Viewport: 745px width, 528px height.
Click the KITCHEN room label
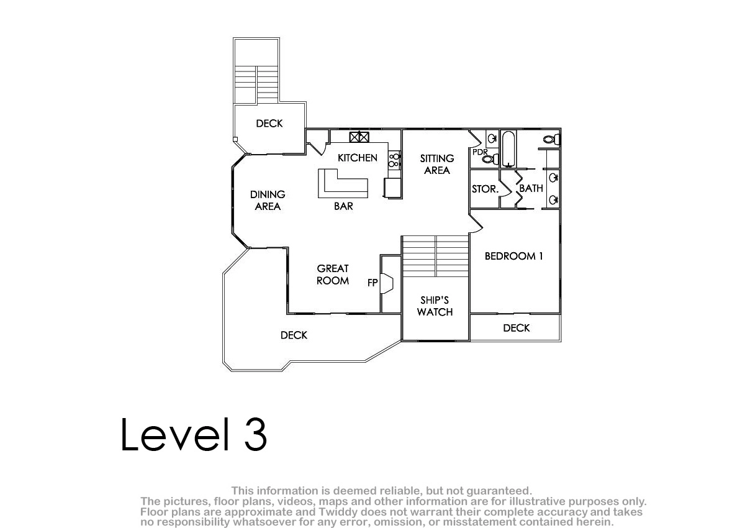point(357,158)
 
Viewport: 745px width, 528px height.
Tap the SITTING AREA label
point(436,165)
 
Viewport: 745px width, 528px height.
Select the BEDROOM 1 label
point(513,256)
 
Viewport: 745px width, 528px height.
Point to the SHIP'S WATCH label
point(435,306)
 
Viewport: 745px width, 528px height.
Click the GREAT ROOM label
point(333,275)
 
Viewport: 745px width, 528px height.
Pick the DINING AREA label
point(268,200)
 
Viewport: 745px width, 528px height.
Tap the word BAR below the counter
point(343,206)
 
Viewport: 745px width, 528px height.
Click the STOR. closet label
point(485,189)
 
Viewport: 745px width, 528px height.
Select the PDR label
point(480,152)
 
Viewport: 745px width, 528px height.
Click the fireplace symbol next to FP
point(387,283)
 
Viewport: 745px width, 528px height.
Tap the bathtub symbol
point(508,149)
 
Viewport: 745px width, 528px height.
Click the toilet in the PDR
point(490,159)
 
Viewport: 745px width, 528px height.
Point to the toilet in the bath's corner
point(552,139)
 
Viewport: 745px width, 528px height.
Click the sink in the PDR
point(492,139)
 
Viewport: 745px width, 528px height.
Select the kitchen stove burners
point(394,160)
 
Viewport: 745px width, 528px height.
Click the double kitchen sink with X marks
point(359,137)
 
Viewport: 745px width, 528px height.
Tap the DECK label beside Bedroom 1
point(516,328)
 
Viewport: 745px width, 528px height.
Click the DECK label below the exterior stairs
point(269,124)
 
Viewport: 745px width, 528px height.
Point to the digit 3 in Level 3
point(256,434)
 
